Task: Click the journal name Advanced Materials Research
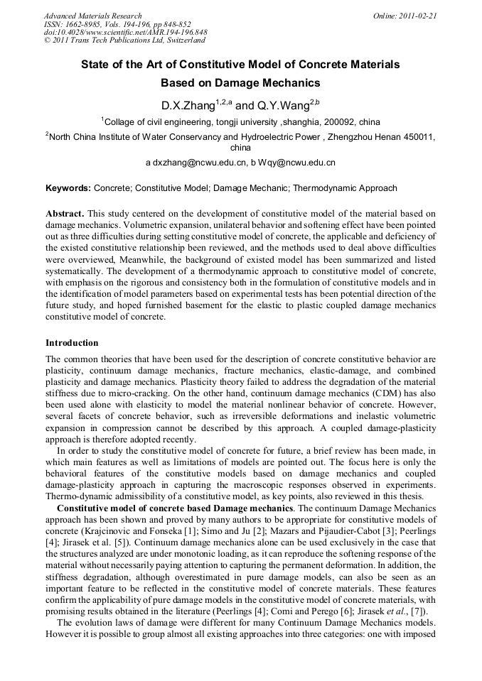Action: point(92,16)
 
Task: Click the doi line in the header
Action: point(125,33)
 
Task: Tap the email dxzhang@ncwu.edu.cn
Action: point(197,163)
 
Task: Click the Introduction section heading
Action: point(72,343)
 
